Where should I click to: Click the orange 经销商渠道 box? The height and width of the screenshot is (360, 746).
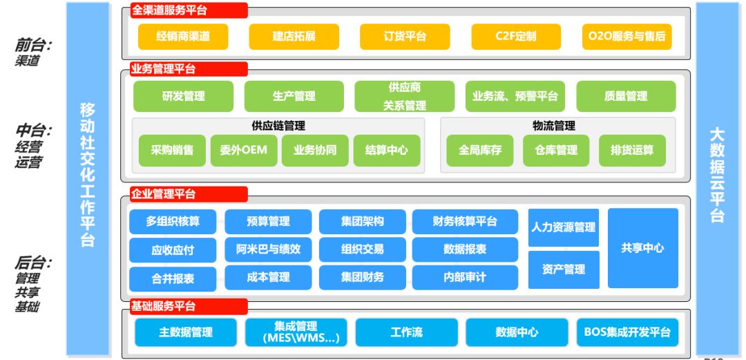183,37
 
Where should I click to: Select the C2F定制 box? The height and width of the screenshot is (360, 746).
515,37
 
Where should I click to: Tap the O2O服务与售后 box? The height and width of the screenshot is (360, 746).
627,37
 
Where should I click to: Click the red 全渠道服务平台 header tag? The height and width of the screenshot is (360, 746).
189,11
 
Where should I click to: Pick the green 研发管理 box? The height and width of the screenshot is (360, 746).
183,97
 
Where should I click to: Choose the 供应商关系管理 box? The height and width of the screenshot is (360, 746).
405,97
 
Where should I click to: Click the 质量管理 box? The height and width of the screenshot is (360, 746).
626,97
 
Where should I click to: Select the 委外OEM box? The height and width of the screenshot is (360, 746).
243,150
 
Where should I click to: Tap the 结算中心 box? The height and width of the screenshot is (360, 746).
387,150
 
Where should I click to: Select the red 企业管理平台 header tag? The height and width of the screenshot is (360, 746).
189,194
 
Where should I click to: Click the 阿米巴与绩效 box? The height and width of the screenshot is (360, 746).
269,249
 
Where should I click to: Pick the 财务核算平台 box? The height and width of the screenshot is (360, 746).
465,222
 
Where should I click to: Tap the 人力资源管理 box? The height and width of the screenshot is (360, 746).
563,227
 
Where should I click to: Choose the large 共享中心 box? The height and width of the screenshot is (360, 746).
642,248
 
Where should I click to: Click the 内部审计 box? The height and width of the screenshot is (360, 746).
465,277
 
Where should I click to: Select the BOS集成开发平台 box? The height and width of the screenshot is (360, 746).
627,332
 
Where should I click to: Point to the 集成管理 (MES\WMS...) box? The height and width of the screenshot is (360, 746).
296,332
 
